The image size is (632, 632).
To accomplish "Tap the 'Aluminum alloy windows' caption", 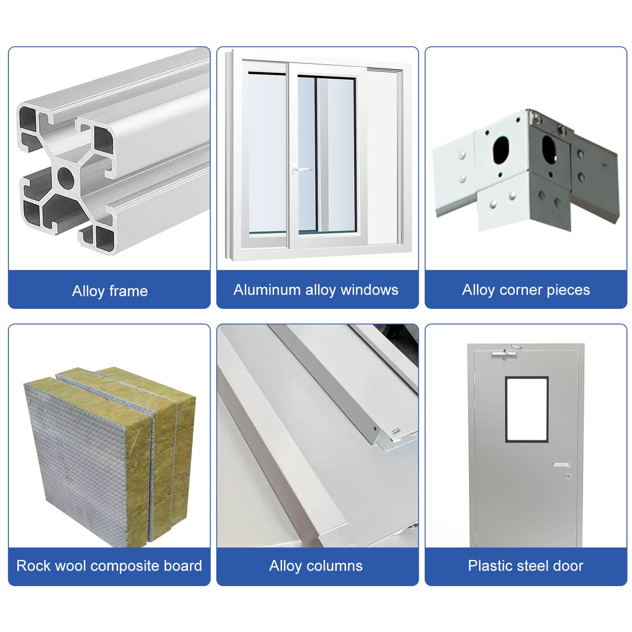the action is point(315,290).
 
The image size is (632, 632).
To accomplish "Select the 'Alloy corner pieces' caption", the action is point(526,290).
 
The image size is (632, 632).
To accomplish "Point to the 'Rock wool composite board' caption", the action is point(109,566).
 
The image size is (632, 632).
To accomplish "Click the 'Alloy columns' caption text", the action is point(315,566).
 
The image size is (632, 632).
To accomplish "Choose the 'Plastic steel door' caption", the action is point(525,566).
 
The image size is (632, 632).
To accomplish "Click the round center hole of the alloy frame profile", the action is point(66,178).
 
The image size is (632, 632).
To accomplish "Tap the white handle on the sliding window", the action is point(301,169).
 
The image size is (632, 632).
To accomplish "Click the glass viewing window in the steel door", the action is point(527,409).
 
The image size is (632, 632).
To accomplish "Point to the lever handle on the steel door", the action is point(562,464).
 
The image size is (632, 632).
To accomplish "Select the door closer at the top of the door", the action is point(505,354).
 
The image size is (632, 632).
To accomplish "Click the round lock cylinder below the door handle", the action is point(569,475).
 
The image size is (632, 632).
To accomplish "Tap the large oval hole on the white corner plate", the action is point(501,150).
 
